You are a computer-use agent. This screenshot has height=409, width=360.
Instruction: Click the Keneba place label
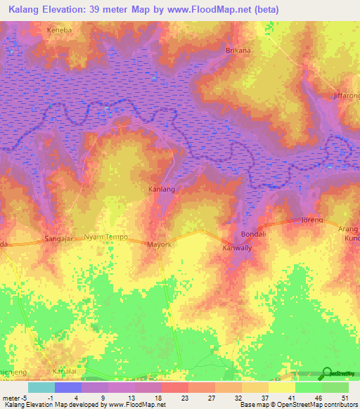coord(59,30)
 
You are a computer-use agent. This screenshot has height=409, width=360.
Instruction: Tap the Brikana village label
coord(238,51)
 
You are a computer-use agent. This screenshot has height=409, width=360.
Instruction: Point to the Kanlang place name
coord(161,190)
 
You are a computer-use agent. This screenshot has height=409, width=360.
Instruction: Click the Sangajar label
coord(60,238)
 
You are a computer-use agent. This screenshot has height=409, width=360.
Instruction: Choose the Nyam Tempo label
coord(105,238)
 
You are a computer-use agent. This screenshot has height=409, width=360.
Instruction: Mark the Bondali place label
coord(252,234)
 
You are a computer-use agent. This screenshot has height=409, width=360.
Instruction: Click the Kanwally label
coord(237,248)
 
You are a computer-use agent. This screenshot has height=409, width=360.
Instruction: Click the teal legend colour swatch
coord(41,387)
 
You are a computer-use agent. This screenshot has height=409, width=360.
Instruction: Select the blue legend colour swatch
coord(67,387)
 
